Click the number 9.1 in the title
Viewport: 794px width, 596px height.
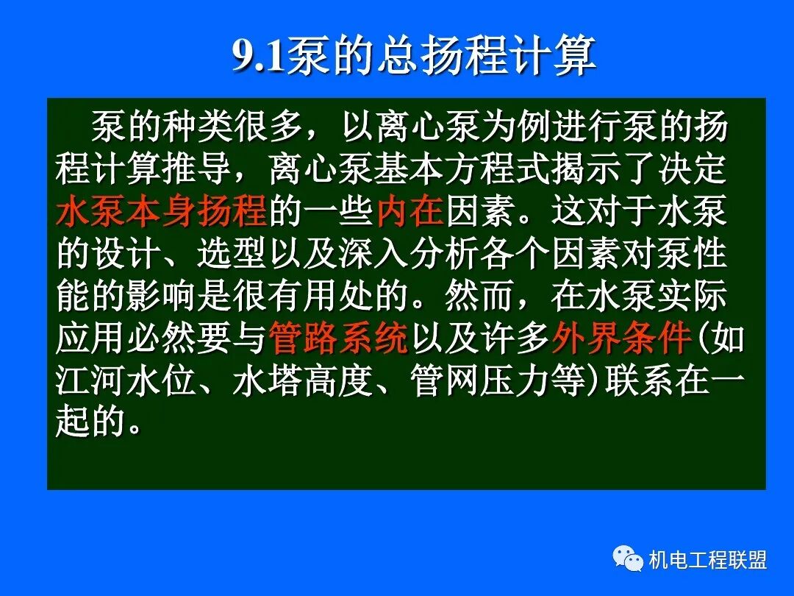pos(259,56)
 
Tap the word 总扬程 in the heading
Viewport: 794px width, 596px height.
pos(432,56)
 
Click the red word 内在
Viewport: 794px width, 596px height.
pos(409,211)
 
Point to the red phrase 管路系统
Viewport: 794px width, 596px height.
pos(339,339)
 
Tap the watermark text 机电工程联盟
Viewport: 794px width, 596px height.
pos(708,560)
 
